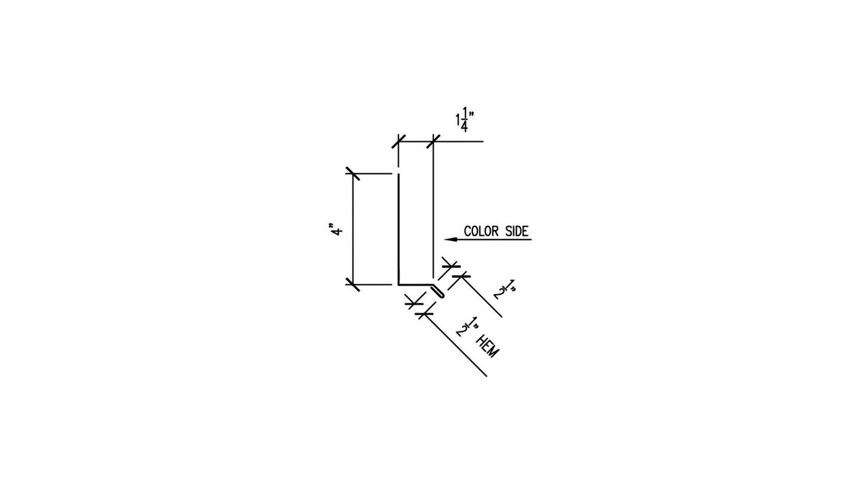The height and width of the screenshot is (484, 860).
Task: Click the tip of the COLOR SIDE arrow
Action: point(445,240)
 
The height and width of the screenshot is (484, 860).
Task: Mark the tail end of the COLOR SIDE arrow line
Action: point(532,240)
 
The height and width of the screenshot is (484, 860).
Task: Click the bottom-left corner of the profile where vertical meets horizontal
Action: point(399,284)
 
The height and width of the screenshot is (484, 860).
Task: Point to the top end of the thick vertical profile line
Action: point(399,174)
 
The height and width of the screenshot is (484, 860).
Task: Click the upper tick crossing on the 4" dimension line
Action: point(353,173)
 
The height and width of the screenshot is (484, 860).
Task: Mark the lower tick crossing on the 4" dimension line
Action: point(353,284)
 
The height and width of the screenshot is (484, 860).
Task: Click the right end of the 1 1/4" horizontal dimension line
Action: point(483,141)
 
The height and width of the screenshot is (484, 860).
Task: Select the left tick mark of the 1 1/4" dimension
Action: point(399,141)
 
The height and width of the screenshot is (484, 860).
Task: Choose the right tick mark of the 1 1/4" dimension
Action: point(433,141)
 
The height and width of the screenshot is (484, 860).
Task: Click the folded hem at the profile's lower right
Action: point(438,291)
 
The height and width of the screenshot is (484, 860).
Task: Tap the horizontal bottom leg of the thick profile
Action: point(415,284)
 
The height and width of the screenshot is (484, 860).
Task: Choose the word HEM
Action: point(488,346)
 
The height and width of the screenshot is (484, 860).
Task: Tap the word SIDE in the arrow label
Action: point(517,231)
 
